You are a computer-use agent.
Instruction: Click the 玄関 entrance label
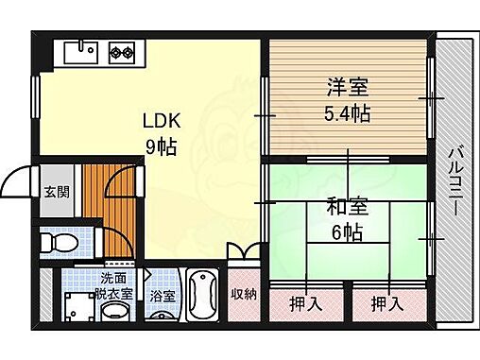pos(55,191)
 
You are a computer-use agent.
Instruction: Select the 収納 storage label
pos(244,294)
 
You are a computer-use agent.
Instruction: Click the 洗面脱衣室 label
pos(118,284)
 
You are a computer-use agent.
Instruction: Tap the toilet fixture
pos(64,244)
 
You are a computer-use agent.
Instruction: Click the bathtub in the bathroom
pos(201,296)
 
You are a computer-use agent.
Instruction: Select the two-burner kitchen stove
pos(122,52)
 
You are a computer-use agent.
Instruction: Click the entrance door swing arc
pos(17,180)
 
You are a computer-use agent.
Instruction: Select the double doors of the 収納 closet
pos(243,252)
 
